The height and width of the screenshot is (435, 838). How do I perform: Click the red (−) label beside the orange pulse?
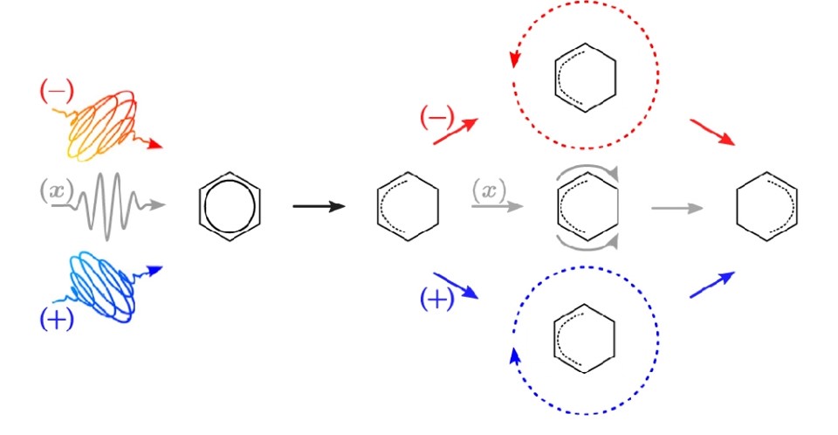[57, 92]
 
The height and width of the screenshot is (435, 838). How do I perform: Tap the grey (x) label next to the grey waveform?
[56, 190]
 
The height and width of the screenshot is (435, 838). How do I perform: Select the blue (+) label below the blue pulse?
[57, 319]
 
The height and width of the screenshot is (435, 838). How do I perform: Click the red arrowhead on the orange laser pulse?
[155, 144]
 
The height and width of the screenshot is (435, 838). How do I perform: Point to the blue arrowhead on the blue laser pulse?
[155, 271]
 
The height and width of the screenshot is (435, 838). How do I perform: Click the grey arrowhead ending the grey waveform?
[158, 204]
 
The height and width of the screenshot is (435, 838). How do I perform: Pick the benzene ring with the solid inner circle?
[230, 206]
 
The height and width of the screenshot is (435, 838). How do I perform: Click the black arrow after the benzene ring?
[319, 206]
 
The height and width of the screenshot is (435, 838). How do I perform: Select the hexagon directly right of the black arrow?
[408, 206]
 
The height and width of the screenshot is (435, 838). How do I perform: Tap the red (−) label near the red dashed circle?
[437, 117]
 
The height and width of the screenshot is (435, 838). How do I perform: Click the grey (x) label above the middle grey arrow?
[489, 190]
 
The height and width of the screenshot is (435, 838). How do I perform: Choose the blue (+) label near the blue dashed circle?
[437, 299]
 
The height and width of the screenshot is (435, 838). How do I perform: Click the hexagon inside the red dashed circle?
[586, 78]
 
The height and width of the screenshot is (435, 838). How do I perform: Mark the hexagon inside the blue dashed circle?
[585, 339]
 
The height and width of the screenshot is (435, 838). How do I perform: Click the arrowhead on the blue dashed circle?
[515, 356]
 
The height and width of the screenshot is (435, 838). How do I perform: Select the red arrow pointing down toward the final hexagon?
[712, 132]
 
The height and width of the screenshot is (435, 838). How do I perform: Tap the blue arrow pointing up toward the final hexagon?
[712, 285]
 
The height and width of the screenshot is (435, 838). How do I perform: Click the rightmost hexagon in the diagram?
[767, 206]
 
